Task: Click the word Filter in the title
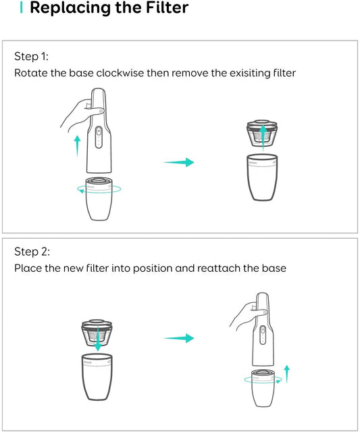[x=167, y=7]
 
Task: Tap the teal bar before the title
[x=21, y=7]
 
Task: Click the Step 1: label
[x=31, y=56]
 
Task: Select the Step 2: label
[x=32, y=251]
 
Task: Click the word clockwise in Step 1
[x=120, y=73]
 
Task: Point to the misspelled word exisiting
[x=249, y=73]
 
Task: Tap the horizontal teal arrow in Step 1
[x=179, y=162]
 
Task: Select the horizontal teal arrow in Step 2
[x=179, y=338]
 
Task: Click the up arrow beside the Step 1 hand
[x=78, y=146]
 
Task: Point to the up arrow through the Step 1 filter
[x=263, y=138]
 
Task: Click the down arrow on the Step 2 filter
[x=97, y=339]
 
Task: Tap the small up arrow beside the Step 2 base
[x=287, y=374]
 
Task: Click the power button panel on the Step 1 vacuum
[x=99, y=137]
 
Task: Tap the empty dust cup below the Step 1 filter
[x=262, y=177]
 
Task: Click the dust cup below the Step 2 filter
[x=97, y=377]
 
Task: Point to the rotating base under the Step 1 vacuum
[x=99, y=199]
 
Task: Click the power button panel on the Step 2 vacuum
[x=263, y=335]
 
